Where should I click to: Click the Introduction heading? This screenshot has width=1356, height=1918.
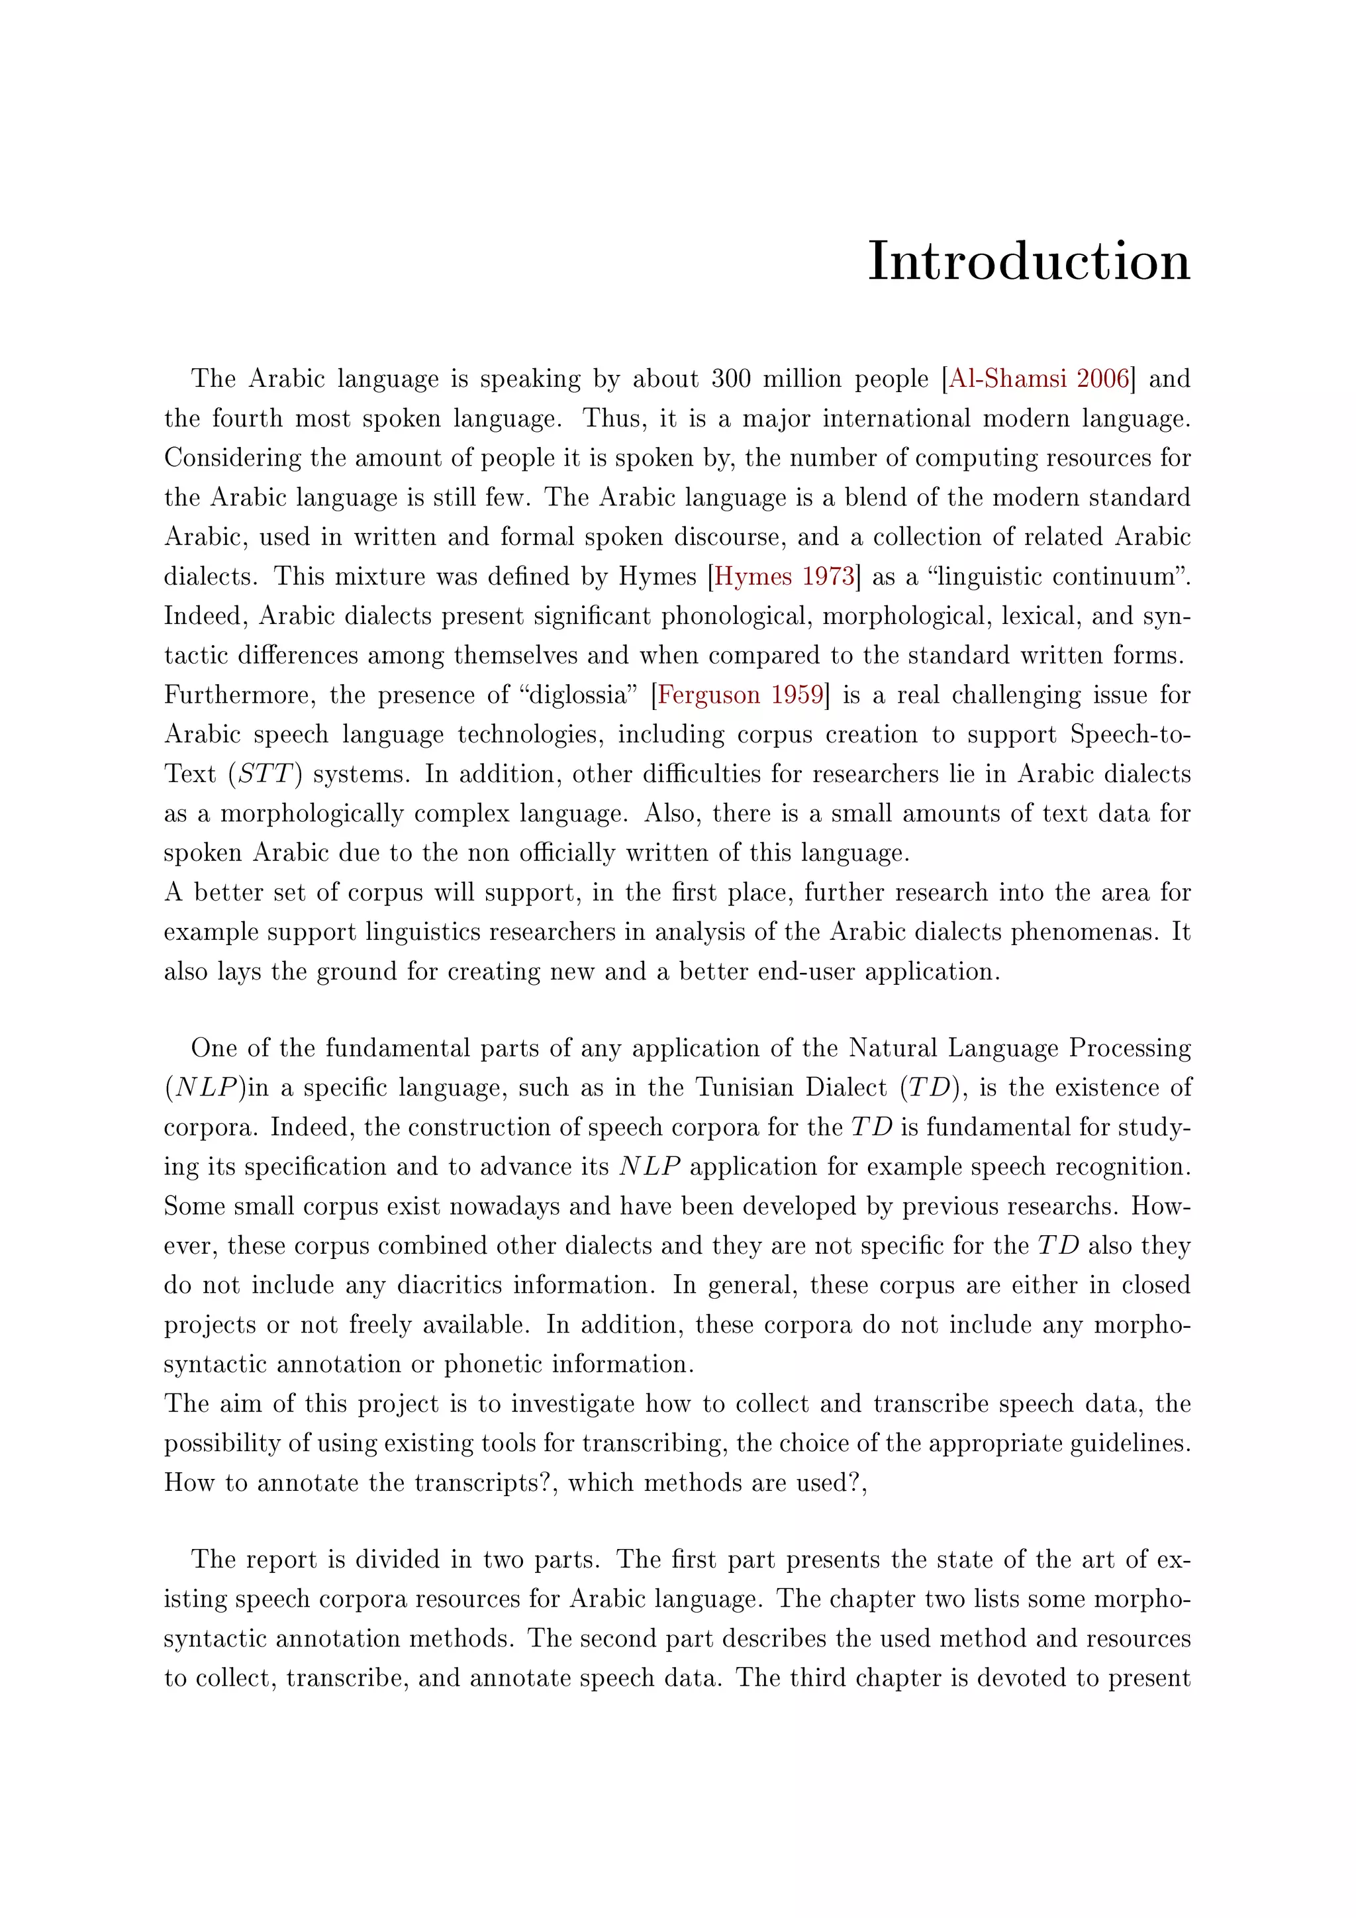pos(1029,262)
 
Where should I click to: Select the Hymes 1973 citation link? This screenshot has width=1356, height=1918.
pos(784,576)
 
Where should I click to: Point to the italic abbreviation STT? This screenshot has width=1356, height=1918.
pos(264,774)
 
